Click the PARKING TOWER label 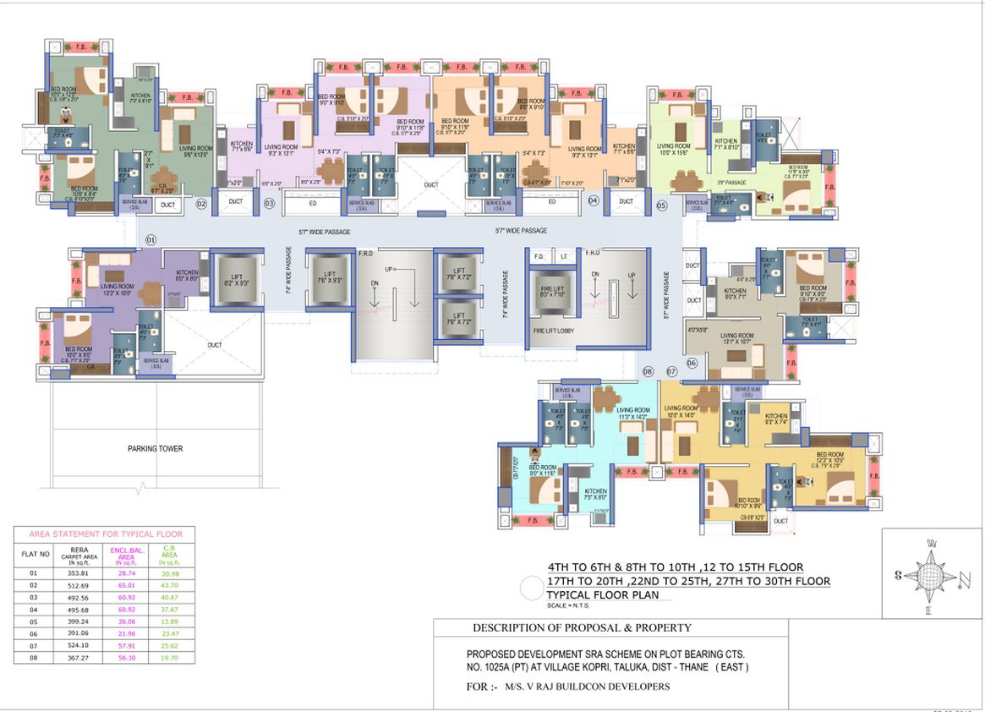click(x=155, y=449)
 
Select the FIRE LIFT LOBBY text click(x=554, y=331)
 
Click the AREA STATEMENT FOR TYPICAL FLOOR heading click(x=104, y=534)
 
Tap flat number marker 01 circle click(x=150, y=240)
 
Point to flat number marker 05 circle click(x=661, y=205)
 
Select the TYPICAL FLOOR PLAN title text click(x=609, y=595)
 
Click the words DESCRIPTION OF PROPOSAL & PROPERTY click(x=582, y=628)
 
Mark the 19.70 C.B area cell click(x=170, y=657)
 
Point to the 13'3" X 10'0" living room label click(x=118, y=290)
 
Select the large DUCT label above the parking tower click(x=215, y=345)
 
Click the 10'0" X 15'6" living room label click(x=673, y=150)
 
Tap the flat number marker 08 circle click(x=648, y=371)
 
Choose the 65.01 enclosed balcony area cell click(x=125, y=584)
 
